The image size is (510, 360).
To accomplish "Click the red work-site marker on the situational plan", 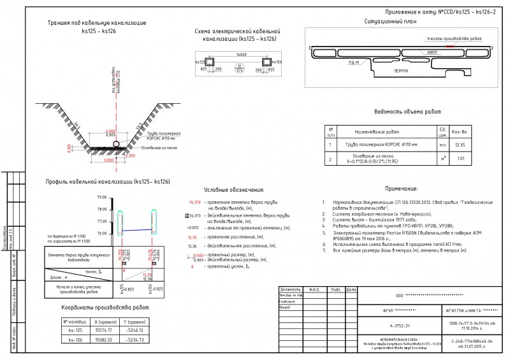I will [450, 47].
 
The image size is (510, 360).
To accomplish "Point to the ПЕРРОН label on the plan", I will [401, 70].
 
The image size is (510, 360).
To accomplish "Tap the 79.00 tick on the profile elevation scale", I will [101, 198].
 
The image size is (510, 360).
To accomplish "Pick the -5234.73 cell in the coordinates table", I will [133, 340].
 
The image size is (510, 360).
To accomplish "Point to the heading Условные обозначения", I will [233, 190].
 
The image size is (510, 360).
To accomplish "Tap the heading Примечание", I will [402, 189].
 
